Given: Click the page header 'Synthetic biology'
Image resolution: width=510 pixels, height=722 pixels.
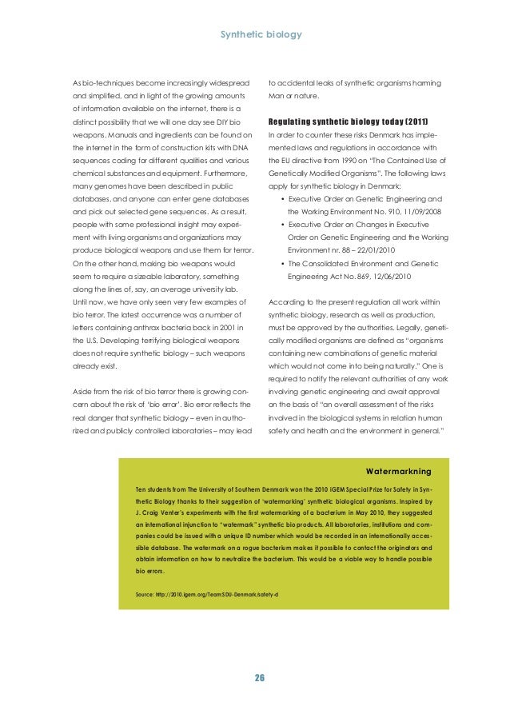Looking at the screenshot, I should [x=255, y=35].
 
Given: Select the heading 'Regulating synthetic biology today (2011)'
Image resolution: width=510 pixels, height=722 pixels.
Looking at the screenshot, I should [x=348, y=122].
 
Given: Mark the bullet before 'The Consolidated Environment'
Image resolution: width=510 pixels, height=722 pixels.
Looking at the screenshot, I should [x=275, y=262].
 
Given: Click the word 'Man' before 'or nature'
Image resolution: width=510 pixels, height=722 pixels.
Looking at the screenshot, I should [x=277, y=98].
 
